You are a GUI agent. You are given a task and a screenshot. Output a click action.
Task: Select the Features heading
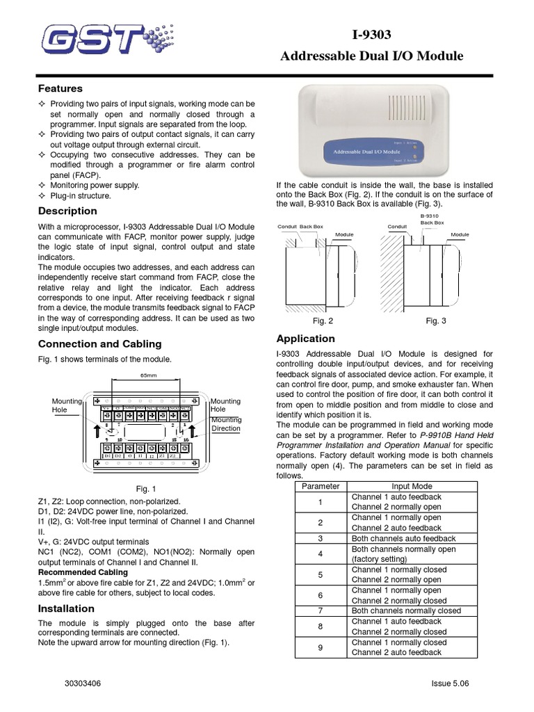click(x=60, y=88)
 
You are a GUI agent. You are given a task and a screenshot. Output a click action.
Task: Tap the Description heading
click(x=67, y=211)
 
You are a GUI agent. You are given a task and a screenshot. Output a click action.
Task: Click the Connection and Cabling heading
click(x=99, y=343)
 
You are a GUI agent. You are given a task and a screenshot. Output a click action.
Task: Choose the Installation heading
click(x=66, y=608)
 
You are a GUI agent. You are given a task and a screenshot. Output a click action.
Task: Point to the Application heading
click(x=305, y=339)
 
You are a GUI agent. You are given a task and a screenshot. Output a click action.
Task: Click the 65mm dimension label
click(x=149, y=375)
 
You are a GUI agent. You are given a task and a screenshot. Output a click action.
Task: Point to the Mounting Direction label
click(x=226, y=424)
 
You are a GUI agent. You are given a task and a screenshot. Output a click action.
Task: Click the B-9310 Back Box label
click(x=432, y=220)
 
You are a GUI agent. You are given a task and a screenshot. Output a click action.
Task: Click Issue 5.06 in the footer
click(x=451, y=683)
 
